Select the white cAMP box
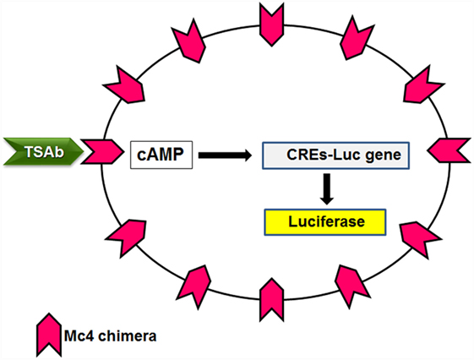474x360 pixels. pyautogui.click(x=161, y=155)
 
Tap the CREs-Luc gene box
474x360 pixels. pyautogui.click(x=335, y=155)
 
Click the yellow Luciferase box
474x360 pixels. pyautogui.click(x=325, y=222)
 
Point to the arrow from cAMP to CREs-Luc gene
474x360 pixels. pyautogui.click(x=225, y=155)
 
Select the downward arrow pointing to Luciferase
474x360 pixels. pyautogui.click(x=327, y=189)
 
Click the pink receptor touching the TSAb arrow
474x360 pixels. pyautogui.click(x=103, y=152)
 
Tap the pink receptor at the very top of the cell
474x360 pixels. pyautogui.click(x=272, y=25)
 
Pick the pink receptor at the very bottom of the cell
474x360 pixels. pyautogui.click(x=272, y=300)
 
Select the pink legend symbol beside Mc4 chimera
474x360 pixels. pyautogui.click(x=49, y=335)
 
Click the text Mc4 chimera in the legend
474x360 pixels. pyautogui.click(x=111, y=336)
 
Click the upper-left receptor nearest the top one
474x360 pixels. pyautogui.click(x=189, y=41)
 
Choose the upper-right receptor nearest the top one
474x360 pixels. pyautogui.click(x=357, y=38)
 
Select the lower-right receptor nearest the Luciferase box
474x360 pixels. pyautogui.click(x=420, y=239)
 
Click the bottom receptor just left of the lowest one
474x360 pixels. pyautogui.click(x=194, y=286)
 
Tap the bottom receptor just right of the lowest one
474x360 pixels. pyautogui.click(x=351, y=286)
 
